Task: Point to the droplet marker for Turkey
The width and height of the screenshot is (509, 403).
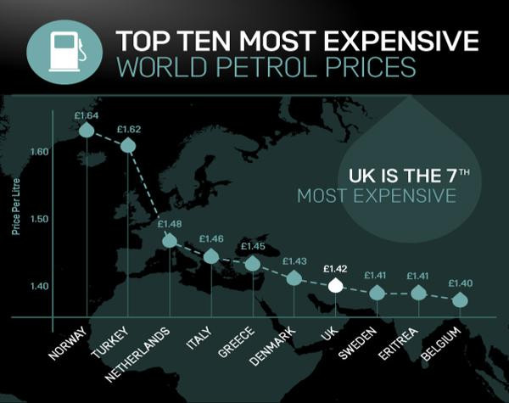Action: (x=129, y=146)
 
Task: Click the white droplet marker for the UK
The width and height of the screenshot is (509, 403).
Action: (x=336, y=286)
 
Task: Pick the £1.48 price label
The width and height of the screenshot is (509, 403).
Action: (x=171, y=223)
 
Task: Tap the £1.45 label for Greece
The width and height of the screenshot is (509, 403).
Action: (x=254, y=247)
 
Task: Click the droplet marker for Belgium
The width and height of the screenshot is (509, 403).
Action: (x=460, y=300)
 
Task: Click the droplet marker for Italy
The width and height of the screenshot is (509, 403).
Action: (x=211, y=256)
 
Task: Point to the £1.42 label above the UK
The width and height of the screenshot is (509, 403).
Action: (x=337, y=268)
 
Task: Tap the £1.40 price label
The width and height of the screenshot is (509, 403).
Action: (x=461, y=283)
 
